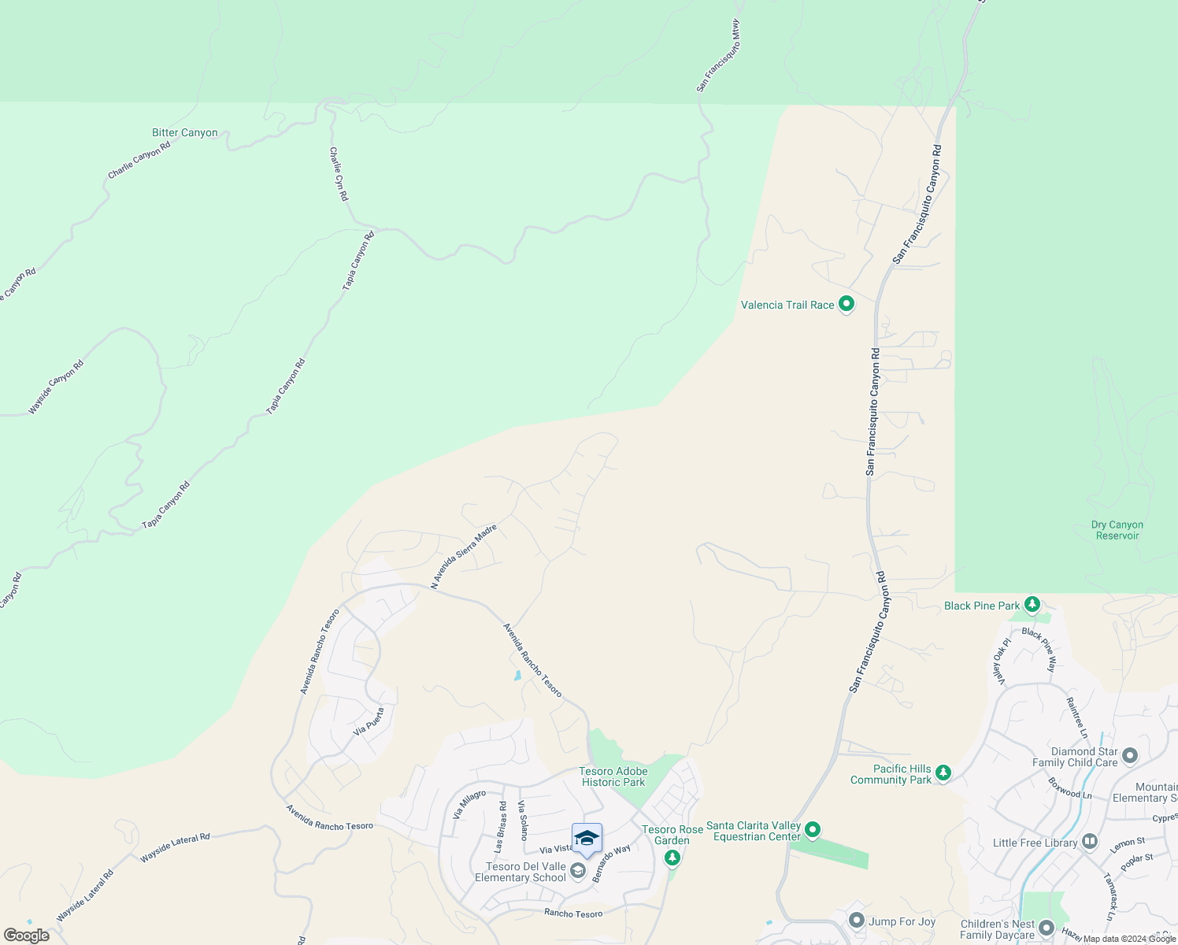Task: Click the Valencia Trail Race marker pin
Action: (x=846, y=304)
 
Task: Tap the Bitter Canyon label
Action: (x=185, y=133)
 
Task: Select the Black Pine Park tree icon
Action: (x=1032, y=605)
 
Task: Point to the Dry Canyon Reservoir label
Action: (x=1117, y=530)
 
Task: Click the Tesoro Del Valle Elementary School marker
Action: (x=577, y=870)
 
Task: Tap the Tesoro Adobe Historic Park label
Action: (x=613, y=776)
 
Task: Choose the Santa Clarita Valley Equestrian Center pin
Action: (x=813, y=830)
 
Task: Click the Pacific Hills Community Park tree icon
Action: (x=943, y=773)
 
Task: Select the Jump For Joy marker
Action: (x=857, y=921)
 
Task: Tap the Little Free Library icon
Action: (x=1090, y=842)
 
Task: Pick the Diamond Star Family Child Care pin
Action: (x=1130, y=756)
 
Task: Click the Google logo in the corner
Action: (x=27, y=936)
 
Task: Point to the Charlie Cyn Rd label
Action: (x=339, y=174)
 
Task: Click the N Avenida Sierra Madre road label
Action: (x=464, y=557)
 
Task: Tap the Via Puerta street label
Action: (x=369, y=721)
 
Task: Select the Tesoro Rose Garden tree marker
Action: (x=672, y=858)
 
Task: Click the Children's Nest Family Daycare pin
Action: (x=1046, y=928)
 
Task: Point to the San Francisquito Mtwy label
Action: (x=718, y=56)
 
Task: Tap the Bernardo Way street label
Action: (x=612, y=863)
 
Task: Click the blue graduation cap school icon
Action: (x=587, y=838)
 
